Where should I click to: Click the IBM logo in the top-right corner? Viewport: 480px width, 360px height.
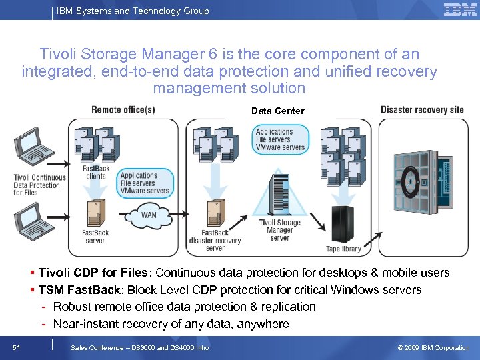coord(460,10)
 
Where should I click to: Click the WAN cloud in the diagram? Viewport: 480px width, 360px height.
coord(149,215)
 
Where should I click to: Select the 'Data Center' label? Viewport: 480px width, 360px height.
coord(277,111)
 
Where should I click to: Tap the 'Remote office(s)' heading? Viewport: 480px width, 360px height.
coord(123,110)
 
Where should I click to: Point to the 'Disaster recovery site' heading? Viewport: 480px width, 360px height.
coord(422,110)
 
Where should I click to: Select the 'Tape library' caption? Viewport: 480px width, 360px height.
coord(343,249)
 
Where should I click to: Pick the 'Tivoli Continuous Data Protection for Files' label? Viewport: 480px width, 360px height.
coord(40,185)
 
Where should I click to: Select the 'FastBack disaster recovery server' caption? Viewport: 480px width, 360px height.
coord(215,241)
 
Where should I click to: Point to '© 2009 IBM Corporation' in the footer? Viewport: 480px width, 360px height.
coord(433,347)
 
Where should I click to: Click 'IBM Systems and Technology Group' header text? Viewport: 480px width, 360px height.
coord(133,11)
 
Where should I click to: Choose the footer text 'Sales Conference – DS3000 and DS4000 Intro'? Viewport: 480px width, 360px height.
coord(139,347)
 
